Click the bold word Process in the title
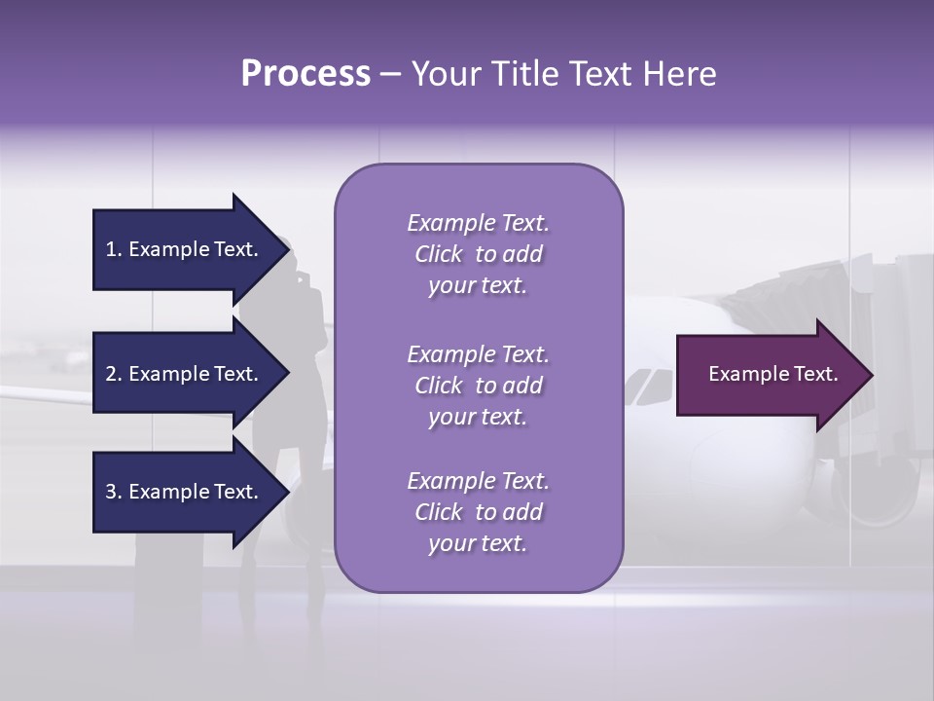point(305,74)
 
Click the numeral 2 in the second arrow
point(110,374)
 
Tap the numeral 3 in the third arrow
point(110,492)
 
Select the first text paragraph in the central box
point(478,254)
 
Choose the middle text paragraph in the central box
point(478,386)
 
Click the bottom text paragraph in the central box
point(478,512)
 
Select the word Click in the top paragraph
point(438,254)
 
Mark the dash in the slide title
point(390,74)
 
